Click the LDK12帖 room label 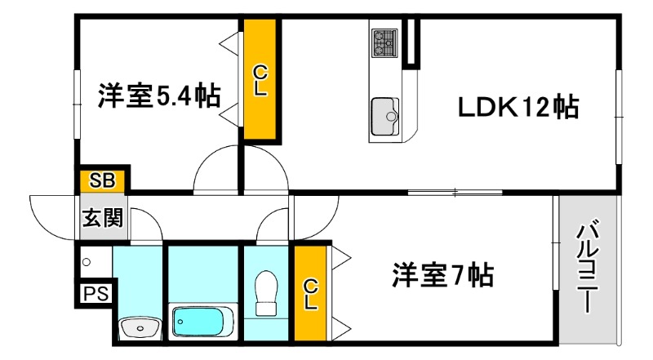tap(518, 107)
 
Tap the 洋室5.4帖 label tap(158, 96)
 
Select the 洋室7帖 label tap(442, 274)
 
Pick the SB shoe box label tap(102, 180)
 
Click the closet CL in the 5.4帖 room tap(260, 81)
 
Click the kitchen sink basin tap(385, 115)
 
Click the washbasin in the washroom tap(139, 329)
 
